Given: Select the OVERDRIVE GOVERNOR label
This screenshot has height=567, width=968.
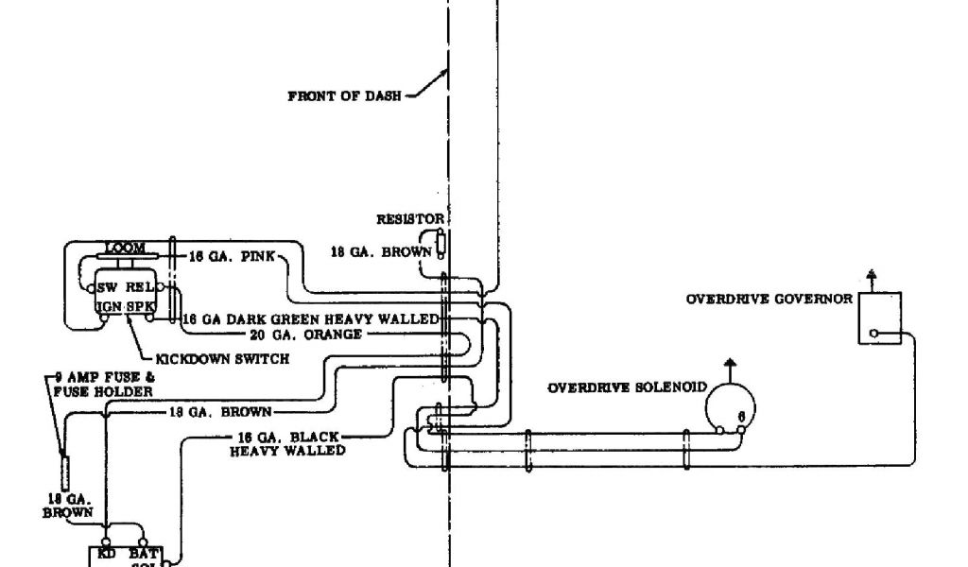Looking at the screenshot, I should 769,300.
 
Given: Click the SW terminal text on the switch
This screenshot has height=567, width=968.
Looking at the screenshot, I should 107,287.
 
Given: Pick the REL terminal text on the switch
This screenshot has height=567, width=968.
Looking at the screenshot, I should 141,287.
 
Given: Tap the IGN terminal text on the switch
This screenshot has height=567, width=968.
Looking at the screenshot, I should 107,306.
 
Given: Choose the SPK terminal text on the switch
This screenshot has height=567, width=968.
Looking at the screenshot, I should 141,306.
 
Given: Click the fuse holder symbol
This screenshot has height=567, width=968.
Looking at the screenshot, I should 64,470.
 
